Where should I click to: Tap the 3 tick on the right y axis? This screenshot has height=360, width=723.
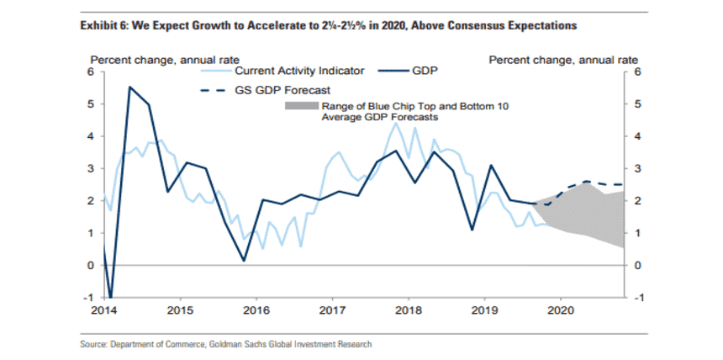637,169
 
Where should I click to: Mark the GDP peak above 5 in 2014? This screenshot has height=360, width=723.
129,87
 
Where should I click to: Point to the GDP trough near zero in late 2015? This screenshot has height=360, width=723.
244,261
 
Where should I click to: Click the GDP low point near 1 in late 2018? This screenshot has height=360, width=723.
472,230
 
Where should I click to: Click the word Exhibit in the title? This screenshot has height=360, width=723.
98,26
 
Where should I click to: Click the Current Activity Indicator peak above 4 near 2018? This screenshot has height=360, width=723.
396,124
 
